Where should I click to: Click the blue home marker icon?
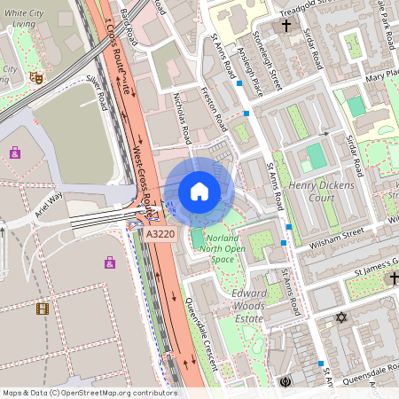tap(199, 192)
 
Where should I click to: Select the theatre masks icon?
tap(36, 78)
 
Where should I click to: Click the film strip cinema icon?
tap(42, 309)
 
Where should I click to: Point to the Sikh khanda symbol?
tap(286, 382)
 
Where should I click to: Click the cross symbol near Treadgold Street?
tap(286, 27)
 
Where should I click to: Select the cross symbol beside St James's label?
tap(394, 278)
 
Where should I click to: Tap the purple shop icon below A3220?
tap(109, 262)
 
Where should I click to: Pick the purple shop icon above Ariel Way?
tap(15, 153)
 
